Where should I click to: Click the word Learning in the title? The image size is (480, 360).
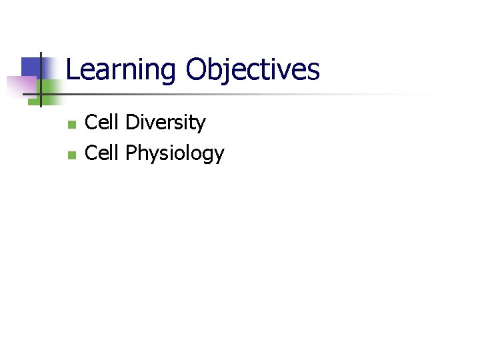(122, 70)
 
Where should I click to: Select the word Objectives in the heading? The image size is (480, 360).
(253, 70)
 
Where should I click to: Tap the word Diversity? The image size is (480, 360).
(165, 123)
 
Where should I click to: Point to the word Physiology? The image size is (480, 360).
(175, 154)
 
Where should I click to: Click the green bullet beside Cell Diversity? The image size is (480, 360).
(72, 125)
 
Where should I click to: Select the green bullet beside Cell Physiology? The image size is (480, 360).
(72, 155)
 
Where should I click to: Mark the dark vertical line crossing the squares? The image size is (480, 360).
(41, 80)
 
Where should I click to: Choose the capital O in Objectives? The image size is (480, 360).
(198, 70)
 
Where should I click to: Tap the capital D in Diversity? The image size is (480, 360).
(132, 123)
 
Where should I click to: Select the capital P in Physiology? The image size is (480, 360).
(131, 153)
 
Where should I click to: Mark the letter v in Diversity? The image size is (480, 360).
(151, 124)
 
